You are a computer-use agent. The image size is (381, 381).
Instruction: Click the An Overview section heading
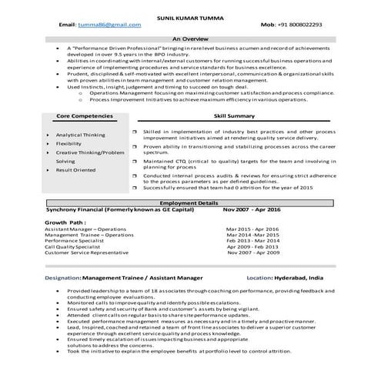(x=190, y=38)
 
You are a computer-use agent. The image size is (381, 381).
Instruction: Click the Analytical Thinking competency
(x=80, y=134)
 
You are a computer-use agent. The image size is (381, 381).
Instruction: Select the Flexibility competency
(x=69, y=143)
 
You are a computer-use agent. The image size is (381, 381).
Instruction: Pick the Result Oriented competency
(x=75, y=170)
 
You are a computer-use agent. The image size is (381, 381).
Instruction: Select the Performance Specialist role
(x=75, y=241)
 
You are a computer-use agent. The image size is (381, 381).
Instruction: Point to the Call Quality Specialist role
(x=74, y=246)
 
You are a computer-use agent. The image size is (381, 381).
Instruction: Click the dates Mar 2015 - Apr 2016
(x=252, y=229)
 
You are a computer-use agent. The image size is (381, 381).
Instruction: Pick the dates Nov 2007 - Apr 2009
(x=253, y=252)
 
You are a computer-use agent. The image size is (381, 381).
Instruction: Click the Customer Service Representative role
(x=86, y=252)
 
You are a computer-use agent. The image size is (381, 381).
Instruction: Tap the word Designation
(x=62, y=276)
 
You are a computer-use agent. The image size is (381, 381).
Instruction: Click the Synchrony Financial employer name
(x=79, y=209)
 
